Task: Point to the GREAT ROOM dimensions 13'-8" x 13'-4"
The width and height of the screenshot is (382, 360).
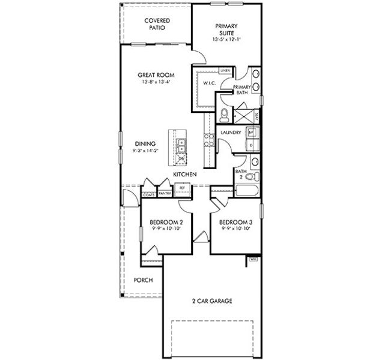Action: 156,82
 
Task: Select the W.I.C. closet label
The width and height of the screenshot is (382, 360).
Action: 209,83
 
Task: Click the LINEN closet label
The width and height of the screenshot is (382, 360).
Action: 225,71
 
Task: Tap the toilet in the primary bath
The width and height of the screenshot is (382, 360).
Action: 223,113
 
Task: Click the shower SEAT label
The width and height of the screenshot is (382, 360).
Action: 258,115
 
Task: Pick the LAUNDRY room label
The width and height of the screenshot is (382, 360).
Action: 231,132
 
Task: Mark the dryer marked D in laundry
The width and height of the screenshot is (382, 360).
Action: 252,145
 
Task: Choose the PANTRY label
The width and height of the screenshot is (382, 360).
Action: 165,194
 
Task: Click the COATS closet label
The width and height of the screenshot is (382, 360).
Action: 148,194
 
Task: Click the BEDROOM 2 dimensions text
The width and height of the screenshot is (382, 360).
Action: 166,229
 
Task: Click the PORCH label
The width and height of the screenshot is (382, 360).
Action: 143,280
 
